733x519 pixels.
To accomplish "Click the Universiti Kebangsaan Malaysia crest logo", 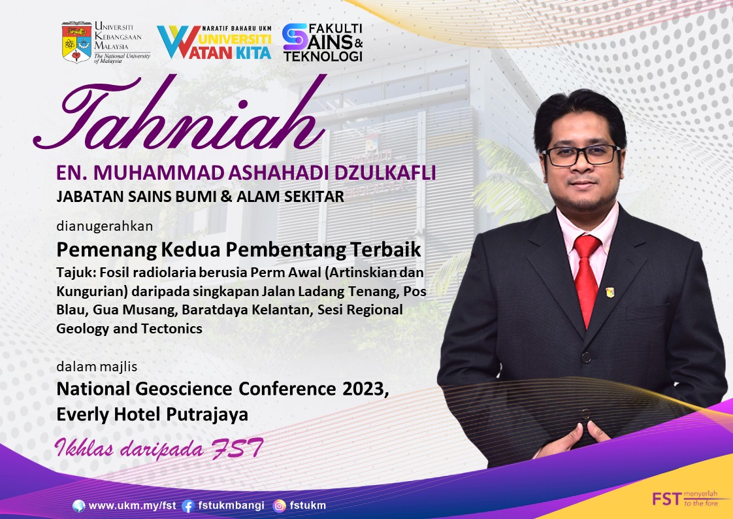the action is click(x=76, y=42).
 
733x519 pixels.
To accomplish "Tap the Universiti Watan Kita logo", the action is click(x=214, y=42).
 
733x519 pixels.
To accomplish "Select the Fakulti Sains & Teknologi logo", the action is click(x=323, y=42).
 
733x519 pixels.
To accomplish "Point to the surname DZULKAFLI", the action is click(x=385, y=173).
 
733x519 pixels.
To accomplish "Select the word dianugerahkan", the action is click(x=105, y=226).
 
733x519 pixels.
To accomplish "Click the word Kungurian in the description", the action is click(x=92, y=292).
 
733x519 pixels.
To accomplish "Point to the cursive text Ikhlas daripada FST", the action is click(x=159, y=448).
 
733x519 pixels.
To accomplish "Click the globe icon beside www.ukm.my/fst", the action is click(x=79, y=505).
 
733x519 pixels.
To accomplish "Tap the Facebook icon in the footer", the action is click(x=188, y=506).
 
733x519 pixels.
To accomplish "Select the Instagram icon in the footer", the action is click(x=279, y=506).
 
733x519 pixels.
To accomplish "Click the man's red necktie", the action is click(x=586, y=278).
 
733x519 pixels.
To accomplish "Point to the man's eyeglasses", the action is click(x=581, y=156).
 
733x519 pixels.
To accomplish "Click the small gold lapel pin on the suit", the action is click(x=610, y=292).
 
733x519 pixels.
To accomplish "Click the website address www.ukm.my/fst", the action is click(x=133, y=505).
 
